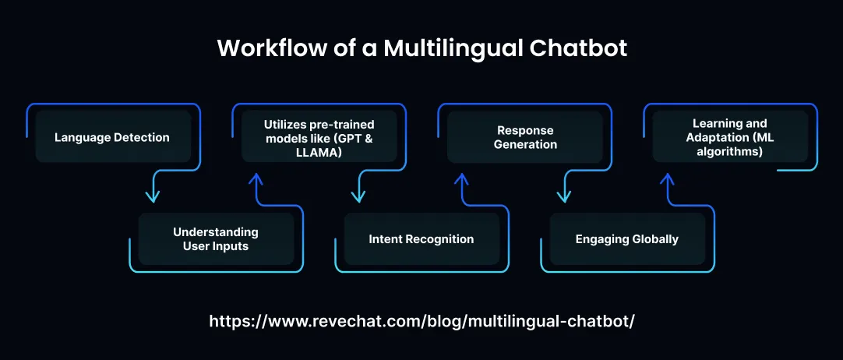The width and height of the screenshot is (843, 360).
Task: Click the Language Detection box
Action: point(113,137)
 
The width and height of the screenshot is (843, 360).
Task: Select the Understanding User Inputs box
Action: point(216,238)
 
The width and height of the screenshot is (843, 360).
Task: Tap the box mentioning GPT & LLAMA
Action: point(319,137)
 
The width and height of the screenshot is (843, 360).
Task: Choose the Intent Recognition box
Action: point(421,238)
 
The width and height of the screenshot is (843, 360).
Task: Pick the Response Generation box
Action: point(525,137)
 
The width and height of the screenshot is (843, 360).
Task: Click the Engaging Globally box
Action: point(627,238)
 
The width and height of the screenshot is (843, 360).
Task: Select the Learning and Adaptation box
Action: point(730,137)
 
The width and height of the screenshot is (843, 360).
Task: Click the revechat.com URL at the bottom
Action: point(421,321)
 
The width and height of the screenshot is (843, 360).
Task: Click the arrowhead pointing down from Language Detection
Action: point(151,196)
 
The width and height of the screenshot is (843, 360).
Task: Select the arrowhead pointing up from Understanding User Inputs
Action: point(255,179)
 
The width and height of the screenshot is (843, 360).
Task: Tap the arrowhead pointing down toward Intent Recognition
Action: point(357,196)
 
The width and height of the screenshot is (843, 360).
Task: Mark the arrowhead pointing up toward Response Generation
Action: point(460,179)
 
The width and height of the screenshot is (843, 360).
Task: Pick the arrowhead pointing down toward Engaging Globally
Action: point(563,196)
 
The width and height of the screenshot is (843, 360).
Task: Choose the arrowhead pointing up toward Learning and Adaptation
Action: point(666,179)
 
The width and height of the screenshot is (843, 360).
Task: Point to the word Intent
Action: point(386,238)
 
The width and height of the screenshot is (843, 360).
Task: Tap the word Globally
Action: point(653,238)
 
